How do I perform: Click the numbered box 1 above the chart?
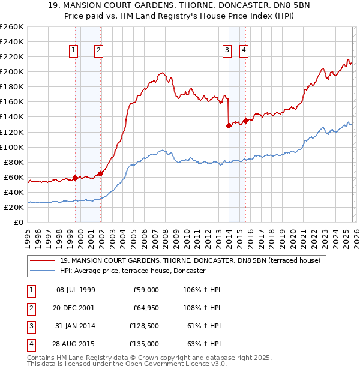pos(73,51)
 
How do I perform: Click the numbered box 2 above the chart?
pos(98,51)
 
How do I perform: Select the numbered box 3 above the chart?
pos(227,51)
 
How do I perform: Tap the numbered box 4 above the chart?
pos(244,51)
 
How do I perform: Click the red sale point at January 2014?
pos(229,125)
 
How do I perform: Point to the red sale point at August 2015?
pos(245,121)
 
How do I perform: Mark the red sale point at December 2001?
pos(100,173)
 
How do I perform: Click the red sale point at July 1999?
pos(75,178)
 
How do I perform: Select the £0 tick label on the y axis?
pos(19,222)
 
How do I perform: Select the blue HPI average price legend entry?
pos(132,271)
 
